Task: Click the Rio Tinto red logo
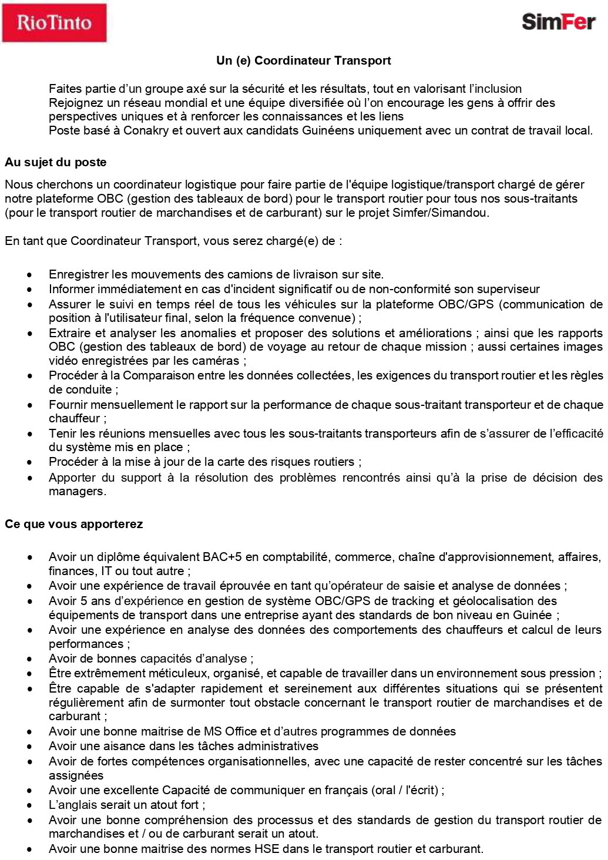pyautogui.click(x=54, y=23)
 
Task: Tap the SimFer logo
pyautogui.click(x=558, y=22)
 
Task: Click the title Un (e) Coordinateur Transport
pyautogui.click(x=304, y=61)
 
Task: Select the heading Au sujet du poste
pyautogui.click(x=56, y=162)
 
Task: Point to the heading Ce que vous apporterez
pyautogui.click(x=74, y=524)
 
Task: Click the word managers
pyautogui.click(x=76, y=492)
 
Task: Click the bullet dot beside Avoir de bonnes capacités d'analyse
pyautogui.click(x=30, y=659)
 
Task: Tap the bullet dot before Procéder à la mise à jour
pyautogui.click(x=30, y=462)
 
